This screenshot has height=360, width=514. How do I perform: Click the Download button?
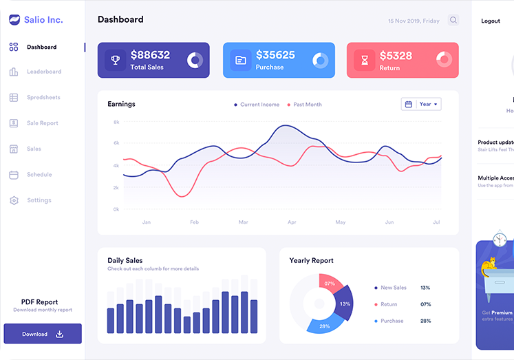click(43, 334)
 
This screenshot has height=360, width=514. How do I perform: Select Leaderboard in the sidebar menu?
click(43, 72)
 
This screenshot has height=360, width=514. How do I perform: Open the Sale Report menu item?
click(42, 123)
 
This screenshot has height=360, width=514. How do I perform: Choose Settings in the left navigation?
click(39, 200)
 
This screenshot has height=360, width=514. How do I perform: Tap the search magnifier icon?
click(453, 21)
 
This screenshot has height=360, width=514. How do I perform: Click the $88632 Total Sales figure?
click(150, 55)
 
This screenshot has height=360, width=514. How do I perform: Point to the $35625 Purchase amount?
click(275, 55)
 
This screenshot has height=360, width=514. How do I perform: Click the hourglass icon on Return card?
click(365, 60)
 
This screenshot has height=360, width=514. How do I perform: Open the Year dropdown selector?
click(421, 104)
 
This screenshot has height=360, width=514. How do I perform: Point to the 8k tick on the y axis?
click(116, 122)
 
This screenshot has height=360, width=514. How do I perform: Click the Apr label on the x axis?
click(292, 222)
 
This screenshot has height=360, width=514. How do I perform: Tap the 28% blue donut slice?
click(323, 326)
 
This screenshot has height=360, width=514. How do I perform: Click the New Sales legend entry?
click(393, 288)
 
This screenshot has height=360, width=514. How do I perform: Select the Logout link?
click(491, 21)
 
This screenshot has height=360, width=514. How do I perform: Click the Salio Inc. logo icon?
click(14, 20)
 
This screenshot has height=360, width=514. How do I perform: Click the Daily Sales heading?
click(125, 261)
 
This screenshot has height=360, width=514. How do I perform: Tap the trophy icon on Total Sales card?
click(116, 60)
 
